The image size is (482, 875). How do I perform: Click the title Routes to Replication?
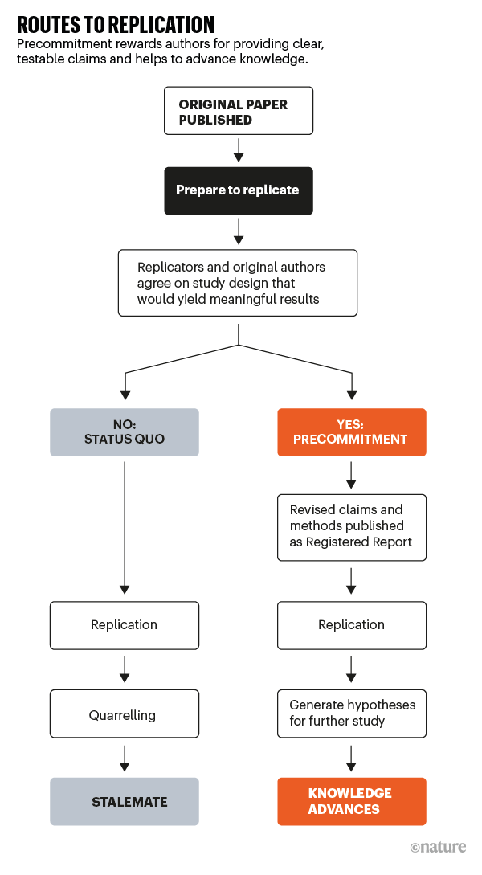point(116,23)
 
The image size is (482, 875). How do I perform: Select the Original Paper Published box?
point(238,111)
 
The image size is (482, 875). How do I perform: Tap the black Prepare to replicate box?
point(238,190)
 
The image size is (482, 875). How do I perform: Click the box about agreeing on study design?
point(238,283)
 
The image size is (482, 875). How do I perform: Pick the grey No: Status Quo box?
point(125,432)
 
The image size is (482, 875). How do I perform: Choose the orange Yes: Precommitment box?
point(352,432)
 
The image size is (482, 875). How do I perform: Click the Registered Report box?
point(352,526)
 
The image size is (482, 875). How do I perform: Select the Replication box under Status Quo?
point(125,625)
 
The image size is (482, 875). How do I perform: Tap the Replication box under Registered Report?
point(352,625)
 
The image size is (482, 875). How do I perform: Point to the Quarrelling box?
point(125,713)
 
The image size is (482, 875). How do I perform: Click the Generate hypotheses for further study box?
point(352,713)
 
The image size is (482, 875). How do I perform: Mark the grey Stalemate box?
point(125,801)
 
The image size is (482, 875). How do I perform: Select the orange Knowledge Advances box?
point(352,801)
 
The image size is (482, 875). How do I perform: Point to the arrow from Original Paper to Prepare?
point(239,150)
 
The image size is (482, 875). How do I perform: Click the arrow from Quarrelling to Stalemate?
point(125,757)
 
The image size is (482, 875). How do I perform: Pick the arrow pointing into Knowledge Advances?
point(352,757)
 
